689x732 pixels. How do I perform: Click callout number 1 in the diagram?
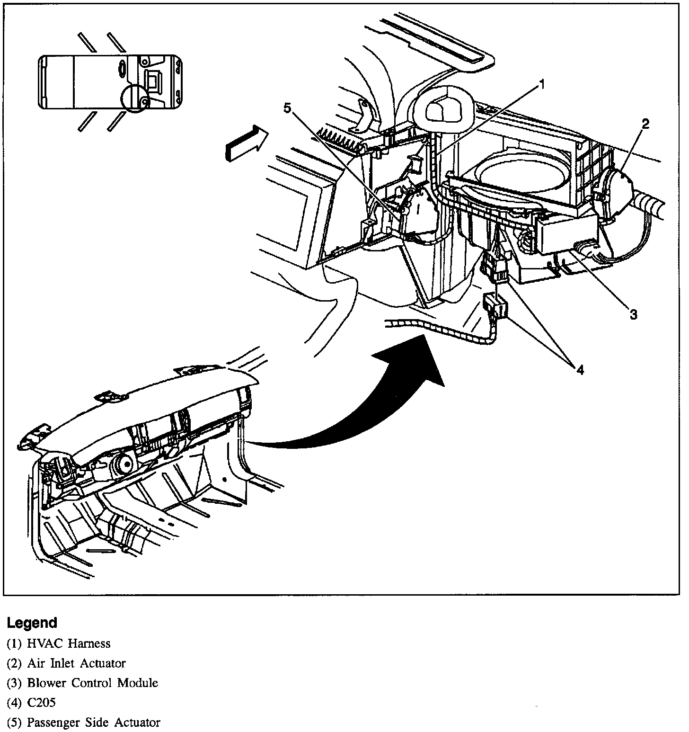pos(542,85)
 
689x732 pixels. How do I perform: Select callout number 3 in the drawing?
pos(633,314)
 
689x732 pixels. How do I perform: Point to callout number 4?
pos(580,369)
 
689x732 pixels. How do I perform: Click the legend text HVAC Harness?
pos(69,643)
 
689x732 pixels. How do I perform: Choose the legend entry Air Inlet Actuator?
pos(76,663)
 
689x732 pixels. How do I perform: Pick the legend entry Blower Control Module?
pos(92,683)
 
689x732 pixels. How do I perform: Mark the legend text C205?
pos(42,703)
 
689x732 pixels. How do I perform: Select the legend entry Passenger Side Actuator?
pos(93,723)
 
